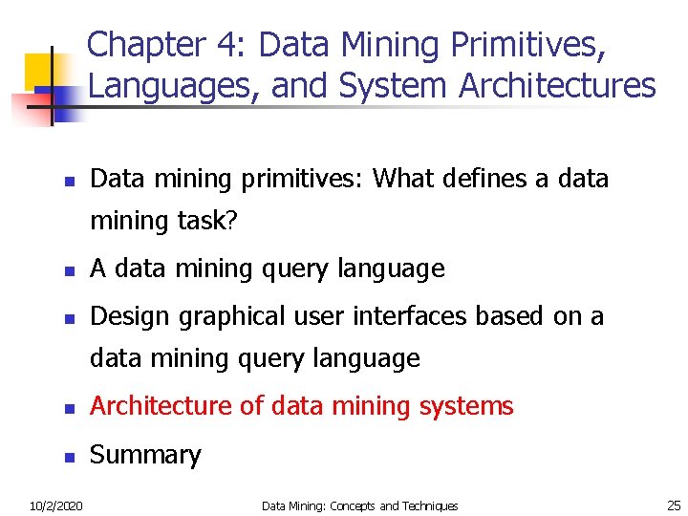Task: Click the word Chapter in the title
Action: click(145, 45)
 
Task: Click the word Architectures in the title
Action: click(557, 86)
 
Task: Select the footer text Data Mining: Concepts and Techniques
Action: click(359, 505)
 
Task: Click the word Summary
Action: click(145, 455)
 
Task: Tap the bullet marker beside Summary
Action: click(69, 457)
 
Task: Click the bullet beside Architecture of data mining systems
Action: click(69, 408)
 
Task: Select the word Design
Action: click(126, 316)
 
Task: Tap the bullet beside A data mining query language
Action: click(69, 271)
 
